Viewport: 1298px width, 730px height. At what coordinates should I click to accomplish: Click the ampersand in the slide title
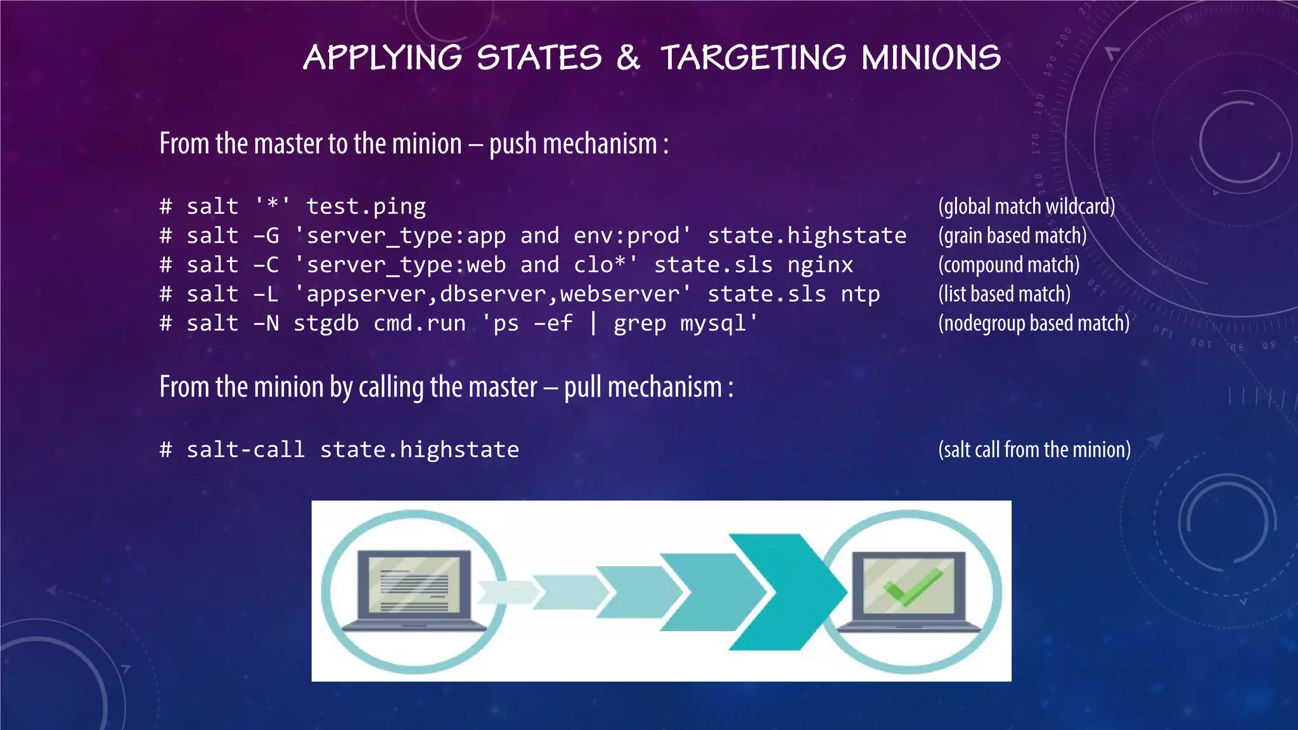tap(627, 58)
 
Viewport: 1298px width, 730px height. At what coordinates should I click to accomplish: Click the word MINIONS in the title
tap(931, 58)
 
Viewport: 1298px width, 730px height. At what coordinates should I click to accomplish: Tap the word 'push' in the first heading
tap(513, 144)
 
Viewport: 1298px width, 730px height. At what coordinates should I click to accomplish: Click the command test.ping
tap(366, 207)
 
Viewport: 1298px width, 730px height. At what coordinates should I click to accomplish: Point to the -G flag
tap(266, 236)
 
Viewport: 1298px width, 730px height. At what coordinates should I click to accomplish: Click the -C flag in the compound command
tap(266, 265)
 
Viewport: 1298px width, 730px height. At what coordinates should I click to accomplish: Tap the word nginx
tap(820, 265)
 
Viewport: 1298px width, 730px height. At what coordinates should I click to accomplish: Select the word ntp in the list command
tap(860, 294)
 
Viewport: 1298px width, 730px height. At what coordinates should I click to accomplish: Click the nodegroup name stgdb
tap(326, 323)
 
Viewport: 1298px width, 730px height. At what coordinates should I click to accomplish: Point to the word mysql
tap(719, 323)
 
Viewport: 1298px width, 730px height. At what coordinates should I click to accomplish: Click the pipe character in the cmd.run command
tap(593, 323)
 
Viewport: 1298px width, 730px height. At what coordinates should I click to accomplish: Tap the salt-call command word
tap(245, 450)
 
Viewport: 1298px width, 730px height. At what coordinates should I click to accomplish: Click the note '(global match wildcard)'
tap(1026, 207)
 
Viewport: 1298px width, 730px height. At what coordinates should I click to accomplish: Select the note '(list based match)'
tap(1004, 294)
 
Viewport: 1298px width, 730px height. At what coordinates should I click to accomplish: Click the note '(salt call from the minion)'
tap(1034, 450)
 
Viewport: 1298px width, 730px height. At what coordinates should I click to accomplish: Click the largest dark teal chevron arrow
tap(786, 592)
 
